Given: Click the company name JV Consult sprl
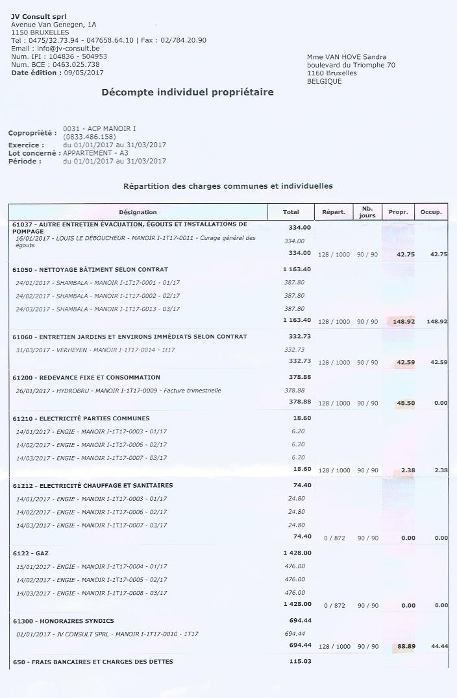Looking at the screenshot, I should coord(38,16).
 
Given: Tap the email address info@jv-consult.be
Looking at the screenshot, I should coord(68,48).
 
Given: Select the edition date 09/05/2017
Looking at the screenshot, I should coord(84,73).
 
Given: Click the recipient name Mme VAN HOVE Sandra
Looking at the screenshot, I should coord(347,57).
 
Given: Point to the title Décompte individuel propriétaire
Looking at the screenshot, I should coord(188,92).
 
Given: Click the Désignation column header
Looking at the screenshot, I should coord(138,212).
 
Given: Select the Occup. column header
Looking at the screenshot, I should coord(431,212).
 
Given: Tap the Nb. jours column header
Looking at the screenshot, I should coord(367,211).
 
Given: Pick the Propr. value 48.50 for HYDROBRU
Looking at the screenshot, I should coord(406,403).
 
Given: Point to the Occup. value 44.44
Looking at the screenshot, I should coord(438,645).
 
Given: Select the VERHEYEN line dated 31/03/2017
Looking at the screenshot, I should coord(95,350).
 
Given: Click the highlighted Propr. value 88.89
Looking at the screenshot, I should coord(406,645).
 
